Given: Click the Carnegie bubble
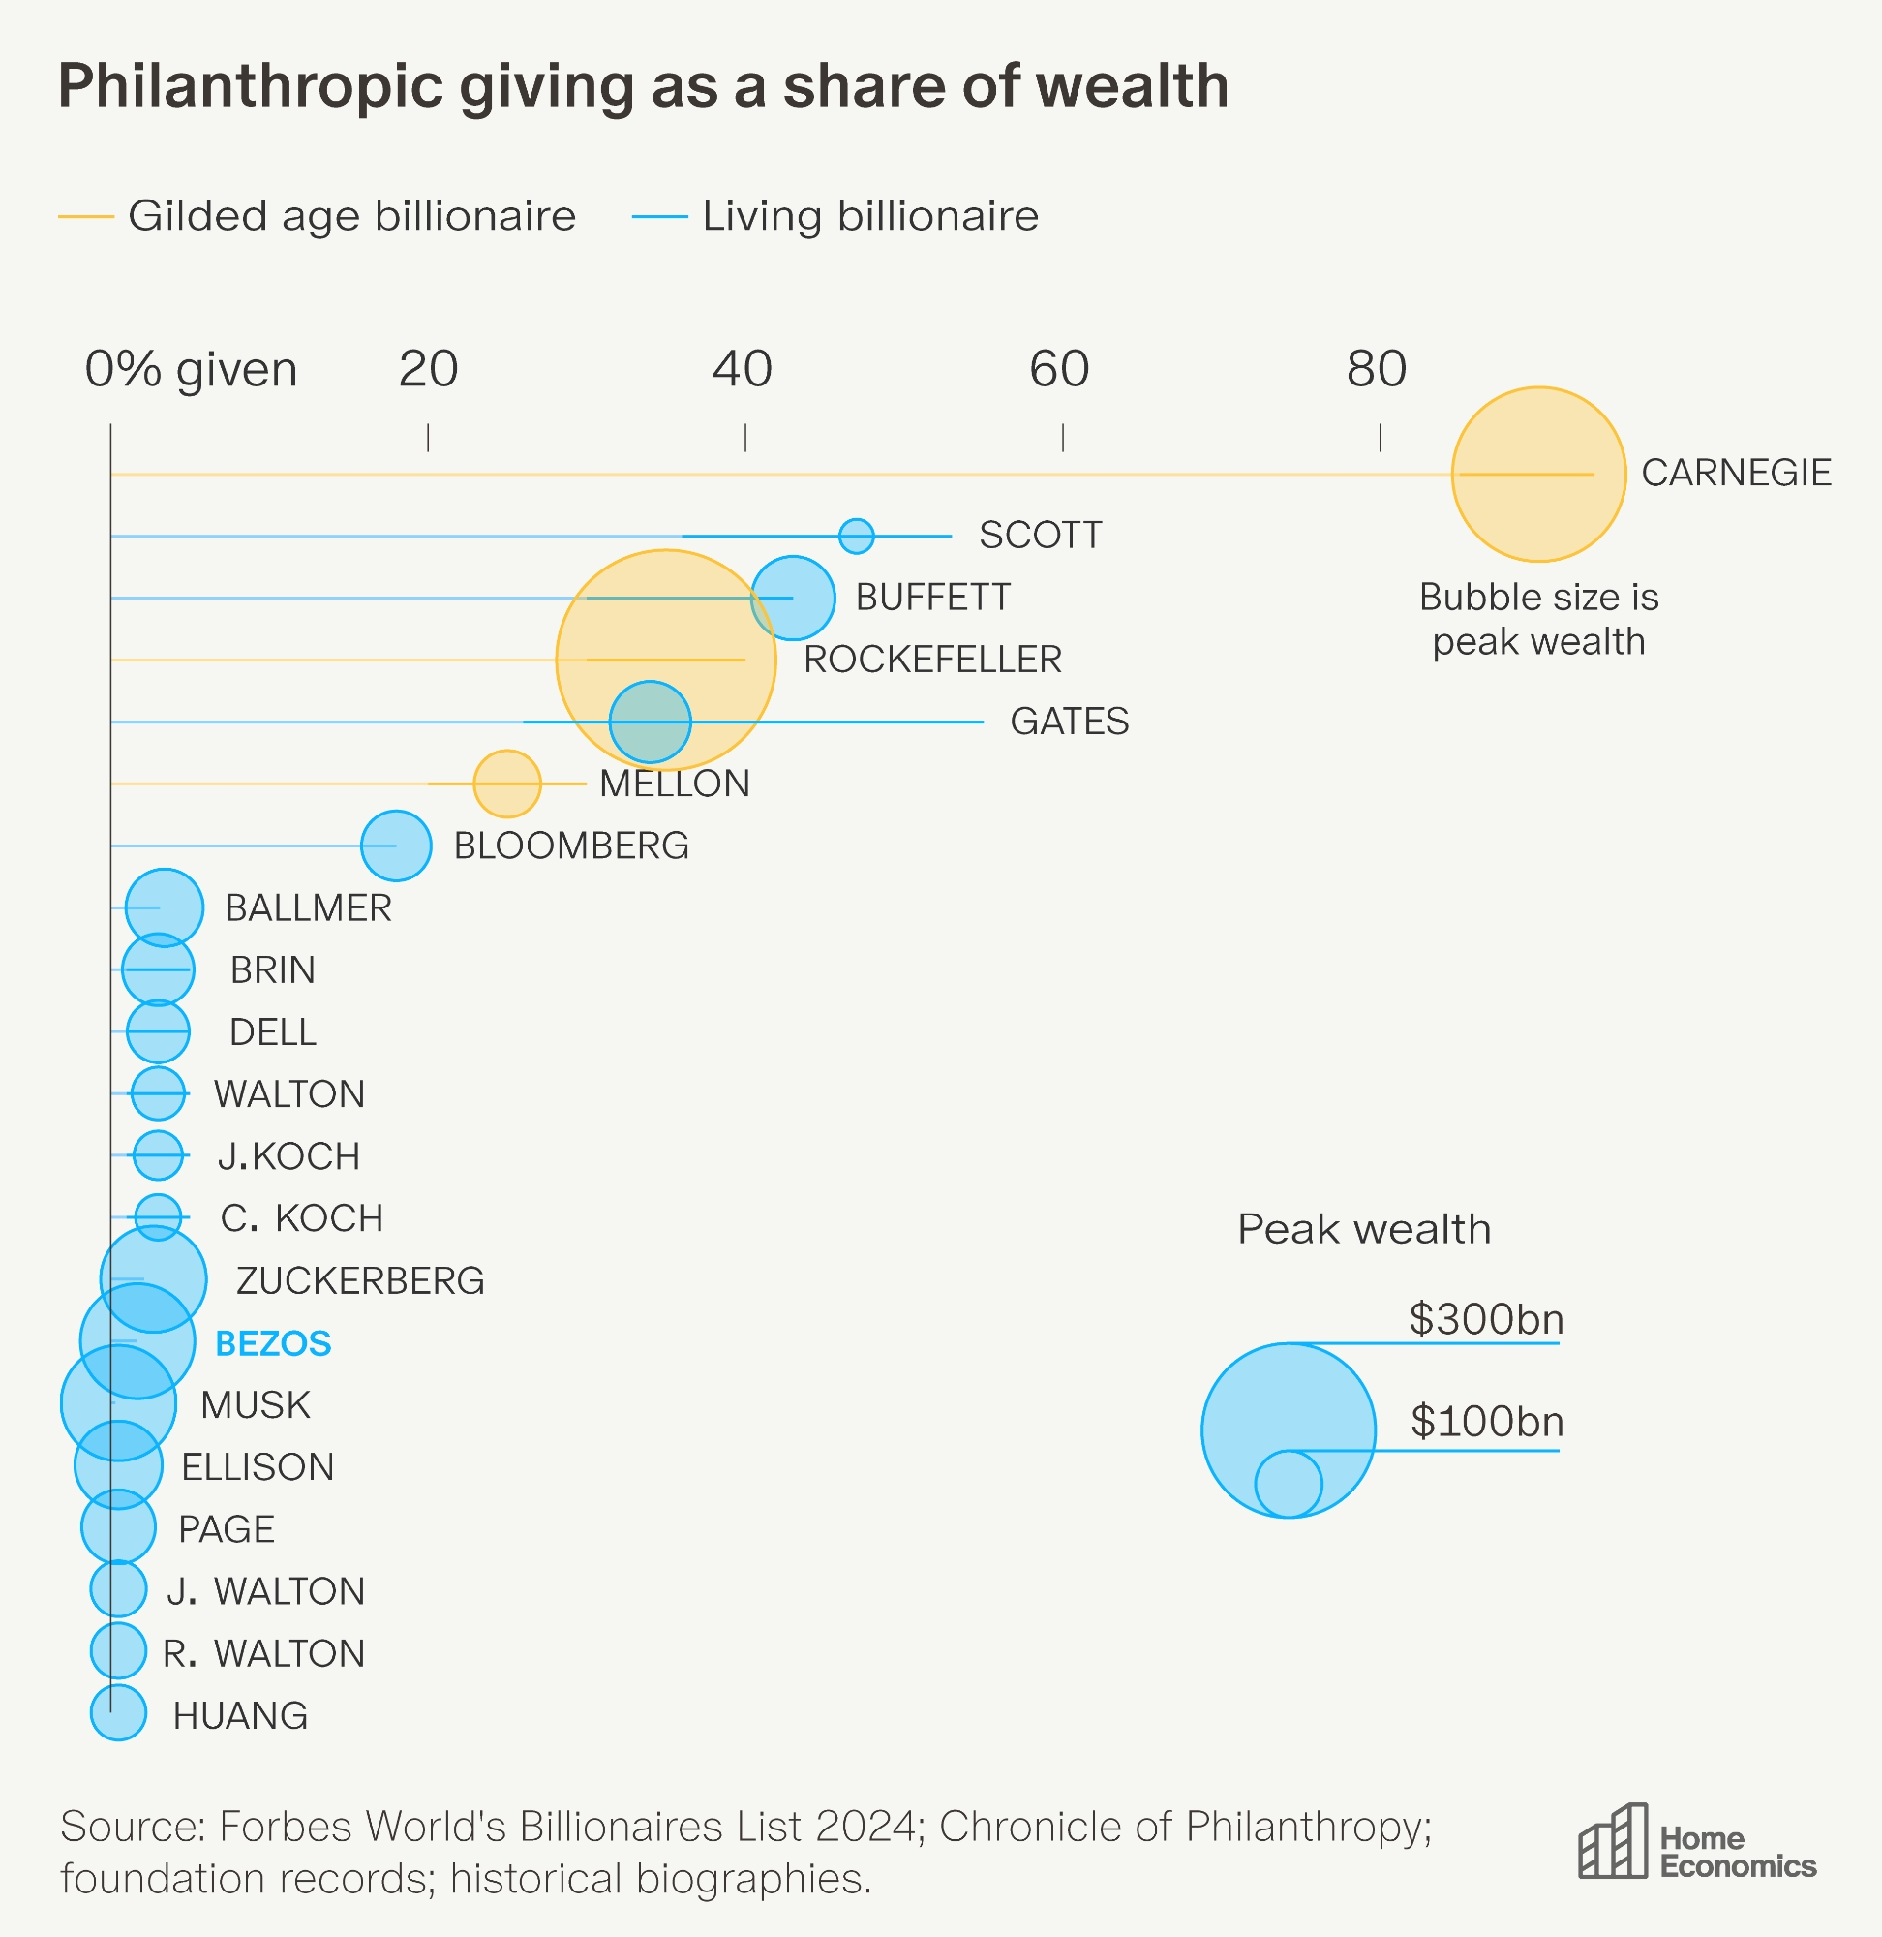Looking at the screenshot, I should point(1538,474).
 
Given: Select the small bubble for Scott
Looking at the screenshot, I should point(856,536).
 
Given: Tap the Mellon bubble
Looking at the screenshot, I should point(507,784).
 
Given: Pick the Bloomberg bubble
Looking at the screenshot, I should point(396,846).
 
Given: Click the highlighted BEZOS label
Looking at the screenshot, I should point(273,1342).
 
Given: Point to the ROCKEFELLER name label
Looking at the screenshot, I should point(932,660).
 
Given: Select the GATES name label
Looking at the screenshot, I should point(1069,722).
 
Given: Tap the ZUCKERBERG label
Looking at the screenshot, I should point(360,1280).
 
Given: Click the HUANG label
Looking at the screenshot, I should point(240,1715).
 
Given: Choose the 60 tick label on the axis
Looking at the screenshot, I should point(1059,370).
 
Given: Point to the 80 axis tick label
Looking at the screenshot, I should point(1376,370).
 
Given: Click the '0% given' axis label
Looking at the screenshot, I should point(191,370).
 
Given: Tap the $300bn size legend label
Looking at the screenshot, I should point(1486,1319).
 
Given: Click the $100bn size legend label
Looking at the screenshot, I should point(1487,1422).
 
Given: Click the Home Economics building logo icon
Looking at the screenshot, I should point(1612,1841).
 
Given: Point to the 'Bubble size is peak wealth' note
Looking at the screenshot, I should point(1538,619).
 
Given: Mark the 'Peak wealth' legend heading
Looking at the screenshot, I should point(1364,1229).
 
